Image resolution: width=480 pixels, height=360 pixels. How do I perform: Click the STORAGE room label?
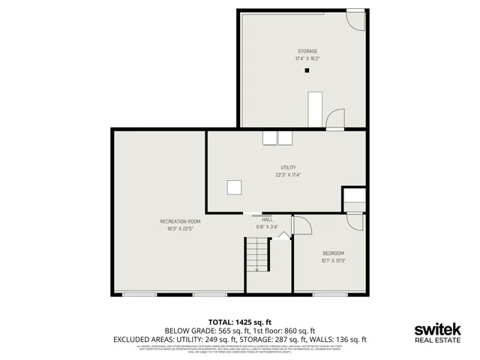[x=306, y=51]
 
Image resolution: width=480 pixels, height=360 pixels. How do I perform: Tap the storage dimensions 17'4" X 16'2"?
[x=306, y=58]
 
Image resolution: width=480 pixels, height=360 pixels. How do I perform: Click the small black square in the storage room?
[x=306, y=71]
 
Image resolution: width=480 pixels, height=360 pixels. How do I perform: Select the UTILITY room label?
[x=288, y=167]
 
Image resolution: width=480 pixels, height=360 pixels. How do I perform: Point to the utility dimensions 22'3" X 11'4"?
[x=288, y=175]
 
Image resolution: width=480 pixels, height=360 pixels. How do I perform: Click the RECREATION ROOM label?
[x=180, y=221]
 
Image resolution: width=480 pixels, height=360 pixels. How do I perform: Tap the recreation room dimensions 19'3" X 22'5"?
[x=180, y=229]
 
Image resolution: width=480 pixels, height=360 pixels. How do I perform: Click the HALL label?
[x=267, y=219]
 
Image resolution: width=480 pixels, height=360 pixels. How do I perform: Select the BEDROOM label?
[x=333, y=253]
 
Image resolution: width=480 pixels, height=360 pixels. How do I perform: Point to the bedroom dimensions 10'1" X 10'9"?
[x=333, y=260]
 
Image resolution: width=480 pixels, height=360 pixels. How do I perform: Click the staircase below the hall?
[x=257, y=255]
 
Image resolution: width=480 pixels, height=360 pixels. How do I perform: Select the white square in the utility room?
[x=235, y=187]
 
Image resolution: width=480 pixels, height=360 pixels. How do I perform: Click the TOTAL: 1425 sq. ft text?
[x=240, y=321]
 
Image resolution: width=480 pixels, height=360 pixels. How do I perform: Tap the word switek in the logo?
[x=438, y=329]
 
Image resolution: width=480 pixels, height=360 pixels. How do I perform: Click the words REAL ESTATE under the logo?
[x=438, y=340]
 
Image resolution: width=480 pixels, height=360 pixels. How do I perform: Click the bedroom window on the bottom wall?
[x=329, y=294]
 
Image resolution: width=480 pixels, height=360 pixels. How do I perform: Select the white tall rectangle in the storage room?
[x=316, y=109]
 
